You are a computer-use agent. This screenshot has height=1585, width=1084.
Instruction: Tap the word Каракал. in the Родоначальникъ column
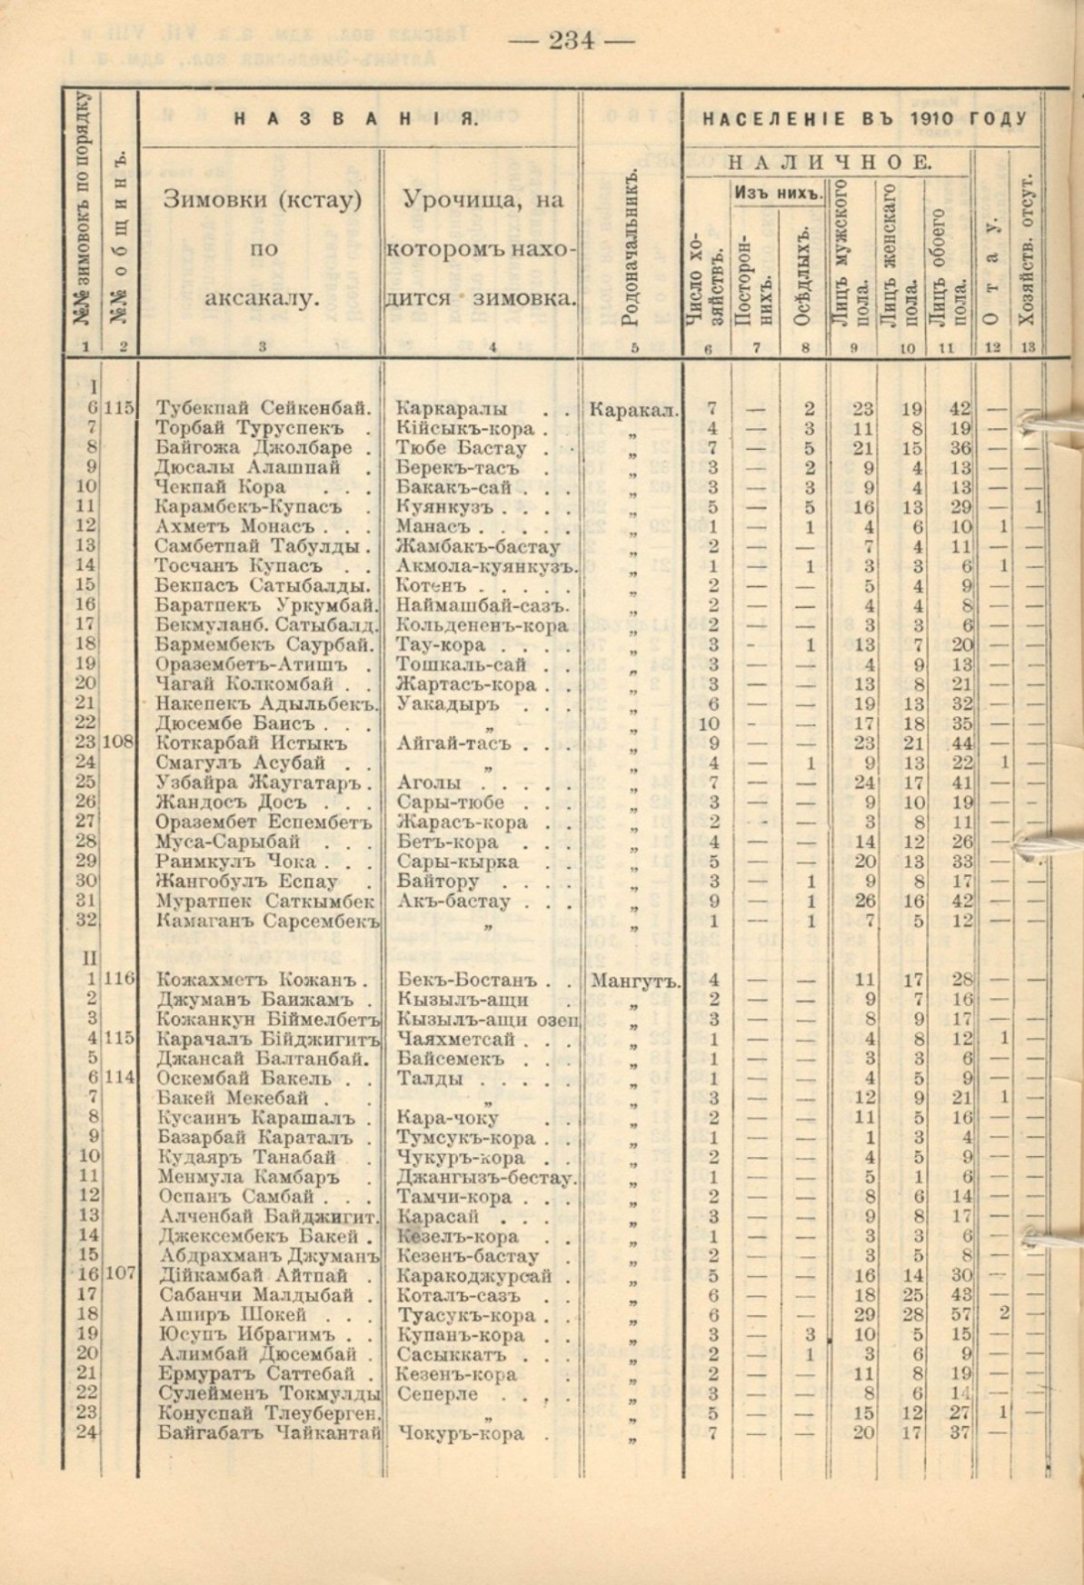(633, 409)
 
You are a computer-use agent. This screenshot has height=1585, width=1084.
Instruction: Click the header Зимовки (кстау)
(262, 203)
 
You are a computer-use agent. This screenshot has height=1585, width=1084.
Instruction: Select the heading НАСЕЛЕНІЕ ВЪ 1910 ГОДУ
(864, 119)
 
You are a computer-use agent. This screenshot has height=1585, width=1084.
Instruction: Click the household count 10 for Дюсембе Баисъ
(713, 723)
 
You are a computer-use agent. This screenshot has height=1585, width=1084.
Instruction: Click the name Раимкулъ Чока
(236, 862)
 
